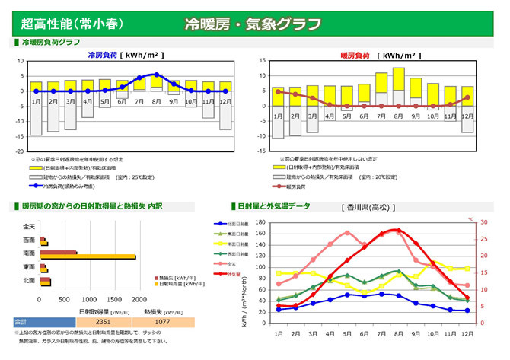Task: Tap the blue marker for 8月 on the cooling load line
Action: [157, 75]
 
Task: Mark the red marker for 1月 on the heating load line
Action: [278, 91]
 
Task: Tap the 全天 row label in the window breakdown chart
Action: [29, 227]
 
